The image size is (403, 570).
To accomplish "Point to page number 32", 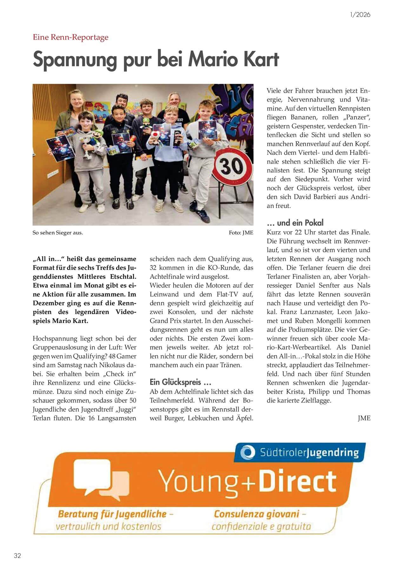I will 17,555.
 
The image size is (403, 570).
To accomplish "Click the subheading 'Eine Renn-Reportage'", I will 70,37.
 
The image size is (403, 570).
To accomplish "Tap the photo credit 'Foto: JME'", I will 241,233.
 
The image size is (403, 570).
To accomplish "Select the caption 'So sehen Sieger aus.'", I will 58,233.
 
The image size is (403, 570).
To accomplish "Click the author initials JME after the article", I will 364,418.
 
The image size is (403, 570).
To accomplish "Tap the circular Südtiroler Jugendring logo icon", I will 248,452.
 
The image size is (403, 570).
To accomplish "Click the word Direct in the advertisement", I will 297,482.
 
